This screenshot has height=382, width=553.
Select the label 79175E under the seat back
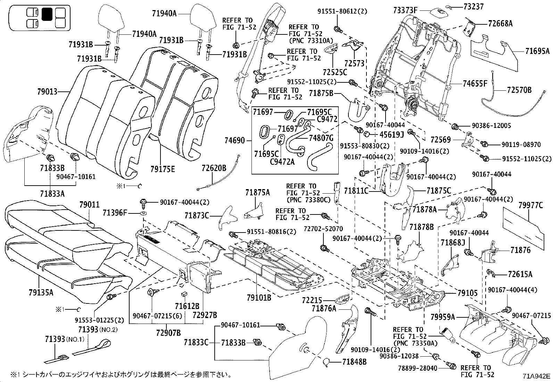[163, 169]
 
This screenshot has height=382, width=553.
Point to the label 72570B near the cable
[519, 90]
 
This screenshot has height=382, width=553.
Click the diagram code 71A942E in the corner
[537, 376]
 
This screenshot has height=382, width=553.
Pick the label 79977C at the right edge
[530, 205]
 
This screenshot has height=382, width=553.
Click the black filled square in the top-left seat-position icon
[47, 14]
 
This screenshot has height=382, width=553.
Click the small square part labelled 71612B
[184, 293]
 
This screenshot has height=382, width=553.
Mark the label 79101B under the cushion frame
[259, 298]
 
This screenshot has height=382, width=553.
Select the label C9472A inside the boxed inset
[282, 161]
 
